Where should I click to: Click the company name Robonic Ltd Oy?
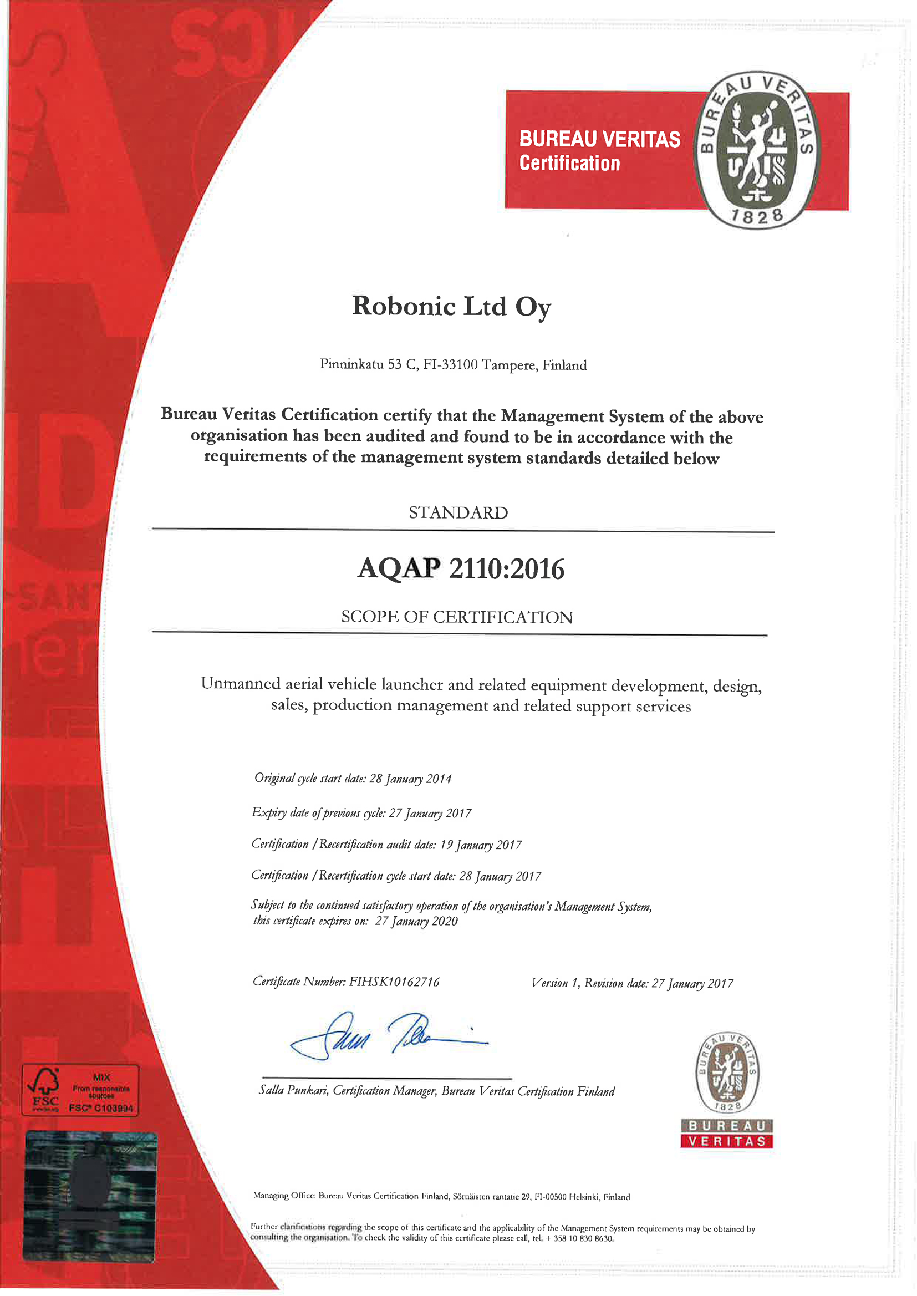click(x=451, y=307)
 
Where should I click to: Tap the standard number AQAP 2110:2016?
click(x=461, y=568)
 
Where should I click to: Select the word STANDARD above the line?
click(x=458, y=512)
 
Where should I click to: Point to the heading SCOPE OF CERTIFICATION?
click(x=457, y=617)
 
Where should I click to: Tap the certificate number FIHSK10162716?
click(x=394, y=981)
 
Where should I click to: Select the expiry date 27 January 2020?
click(x=416, y=921)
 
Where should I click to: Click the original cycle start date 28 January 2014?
click(x=410, y=779)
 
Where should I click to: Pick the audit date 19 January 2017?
click(x=481, y=845)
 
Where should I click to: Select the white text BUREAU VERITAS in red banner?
click(x=600, y=139)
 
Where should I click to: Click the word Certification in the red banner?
click(x=570, y=164)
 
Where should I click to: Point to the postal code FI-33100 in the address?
click(x=450, y=365)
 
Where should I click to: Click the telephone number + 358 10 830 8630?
click(x=579, y=1238)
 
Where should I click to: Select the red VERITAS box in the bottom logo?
click(x=727, y=1141)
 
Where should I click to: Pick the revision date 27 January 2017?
click(x=692, y=983)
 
